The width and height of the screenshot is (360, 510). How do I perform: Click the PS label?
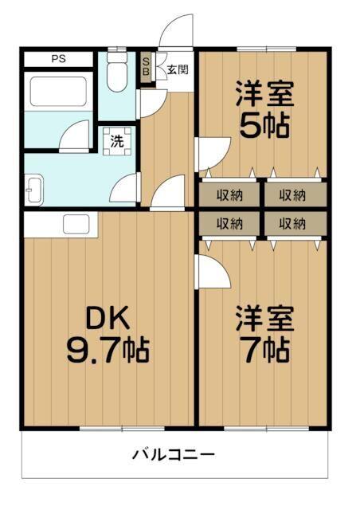coord(59,58)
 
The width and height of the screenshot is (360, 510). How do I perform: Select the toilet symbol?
coord(115,73)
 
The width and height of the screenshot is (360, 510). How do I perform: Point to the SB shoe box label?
coord(146,65)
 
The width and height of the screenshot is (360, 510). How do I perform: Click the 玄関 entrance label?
coord(177,69)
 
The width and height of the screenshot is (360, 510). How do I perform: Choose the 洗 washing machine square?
coord(117,143)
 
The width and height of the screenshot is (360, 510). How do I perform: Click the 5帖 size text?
coord(264,126)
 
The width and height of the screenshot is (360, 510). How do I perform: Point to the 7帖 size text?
coord(264,348)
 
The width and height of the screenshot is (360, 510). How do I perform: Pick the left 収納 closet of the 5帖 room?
coord(229,194)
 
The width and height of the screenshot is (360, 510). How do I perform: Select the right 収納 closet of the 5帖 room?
coord(294,194)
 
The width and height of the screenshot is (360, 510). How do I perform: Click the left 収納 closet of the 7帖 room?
coord(229,224)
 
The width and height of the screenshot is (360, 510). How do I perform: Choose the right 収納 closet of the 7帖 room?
coord(294,224)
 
